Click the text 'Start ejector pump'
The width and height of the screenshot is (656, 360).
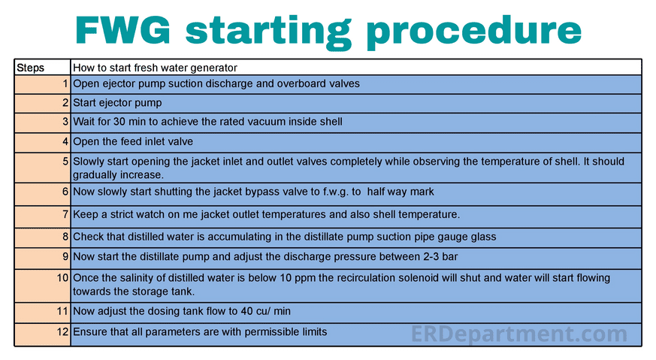click(117, 102)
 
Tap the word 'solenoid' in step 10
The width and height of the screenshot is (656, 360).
click(425, 278)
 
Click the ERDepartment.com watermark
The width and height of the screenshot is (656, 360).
click(518, 333)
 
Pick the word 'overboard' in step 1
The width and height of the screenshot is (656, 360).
click(281, 83)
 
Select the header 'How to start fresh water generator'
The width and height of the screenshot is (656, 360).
click(155, 68)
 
